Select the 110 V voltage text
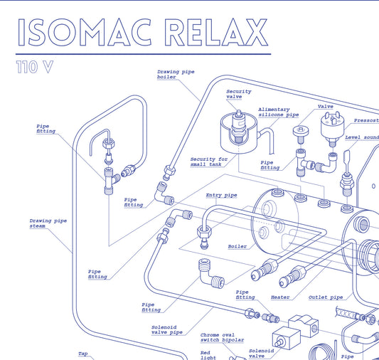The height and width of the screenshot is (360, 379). (34, 68)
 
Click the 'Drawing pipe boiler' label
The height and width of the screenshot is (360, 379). (176, 74)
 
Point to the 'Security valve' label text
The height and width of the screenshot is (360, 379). (239, 94)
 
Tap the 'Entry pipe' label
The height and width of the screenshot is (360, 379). (221, 194)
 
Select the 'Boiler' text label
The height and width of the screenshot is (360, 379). (237, 246)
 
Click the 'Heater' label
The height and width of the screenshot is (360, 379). (280, 297)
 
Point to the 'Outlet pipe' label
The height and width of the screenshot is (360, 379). (326, 297)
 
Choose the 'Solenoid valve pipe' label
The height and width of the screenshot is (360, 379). (167, 329)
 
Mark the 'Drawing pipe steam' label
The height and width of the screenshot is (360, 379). (48, 223)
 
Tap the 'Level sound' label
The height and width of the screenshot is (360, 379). (362, 137)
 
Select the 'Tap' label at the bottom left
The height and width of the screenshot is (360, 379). (83, 354)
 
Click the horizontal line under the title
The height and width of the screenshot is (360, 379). (143, 54)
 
